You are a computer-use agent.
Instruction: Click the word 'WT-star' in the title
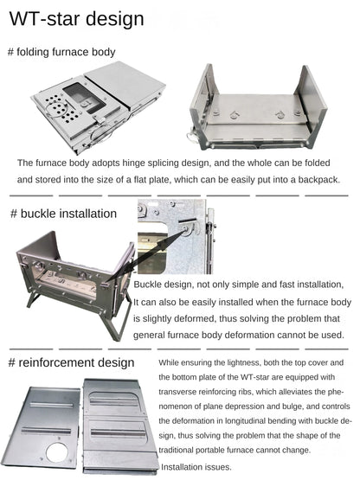[45, 19]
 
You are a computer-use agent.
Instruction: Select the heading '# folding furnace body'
[61, 52]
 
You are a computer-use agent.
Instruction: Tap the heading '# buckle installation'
[63, 214]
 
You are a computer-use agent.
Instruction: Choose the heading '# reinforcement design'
[71, 362]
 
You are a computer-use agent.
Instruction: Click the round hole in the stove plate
[56, 453]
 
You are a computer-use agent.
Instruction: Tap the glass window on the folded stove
[84, 98]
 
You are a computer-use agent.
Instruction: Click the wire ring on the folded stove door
[55, 110]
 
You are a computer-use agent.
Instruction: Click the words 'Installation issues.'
[196, 467]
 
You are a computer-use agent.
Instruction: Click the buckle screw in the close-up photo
[185, 228]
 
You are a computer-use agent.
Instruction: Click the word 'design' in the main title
[115, 19]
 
